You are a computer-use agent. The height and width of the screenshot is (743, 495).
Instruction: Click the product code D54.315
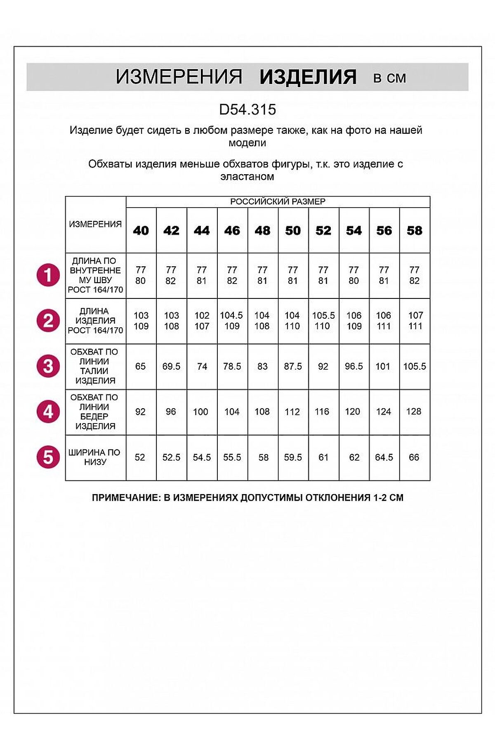(x=247, y=109)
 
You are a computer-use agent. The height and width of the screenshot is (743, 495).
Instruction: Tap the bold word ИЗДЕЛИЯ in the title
(x=308, y=77)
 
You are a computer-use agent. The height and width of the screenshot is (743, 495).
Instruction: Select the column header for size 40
(x=141, y=230)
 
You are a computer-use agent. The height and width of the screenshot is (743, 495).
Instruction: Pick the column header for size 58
(x=415, y=230)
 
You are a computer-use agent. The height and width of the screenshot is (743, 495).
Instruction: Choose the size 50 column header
(x=293, y=230)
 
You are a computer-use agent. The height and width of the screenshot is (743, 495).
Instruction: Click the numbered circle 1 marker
(x=48, y=275)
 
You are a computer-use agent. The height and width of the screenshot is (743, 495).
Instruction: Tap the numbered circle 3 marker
(x=48, y=366)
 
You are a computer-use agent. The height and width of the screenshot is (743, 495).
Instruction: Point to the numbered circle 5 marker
(x=48, y=457)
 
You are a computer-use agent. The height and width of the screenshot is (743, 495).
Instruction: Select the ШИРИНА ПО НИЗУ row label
(x=95, y=457)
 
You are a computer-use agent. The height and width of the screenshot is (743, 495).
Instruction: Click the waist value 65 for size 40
(x=141, y=366)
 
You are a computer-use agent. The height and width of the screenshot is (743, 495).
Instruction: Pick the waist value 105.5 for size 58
(x=415, y=366)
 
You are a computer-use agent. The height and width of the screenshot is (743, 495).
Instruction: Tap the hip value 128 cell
(x=414, y=412)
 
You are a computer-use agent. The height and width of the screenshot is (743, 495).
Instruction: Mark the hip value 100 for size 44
(x=201, y=412)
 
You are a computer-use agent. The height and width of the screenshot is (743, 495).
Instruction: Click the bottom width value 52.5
(x=171, y=457)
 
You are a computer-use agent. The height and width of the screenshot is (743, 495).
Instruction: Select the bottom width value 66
(x=414, y=457)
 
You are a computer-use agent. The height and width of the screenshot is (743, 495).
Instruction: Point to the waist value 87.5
(x=293, y=366)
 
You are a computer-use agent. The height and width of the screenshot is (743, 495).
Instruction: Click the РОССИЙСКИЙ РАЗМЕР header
(x=278, y=201)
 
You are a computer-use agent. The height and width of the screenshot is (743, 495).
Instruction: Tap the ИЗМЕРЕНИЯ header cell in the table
(x=95, y=224)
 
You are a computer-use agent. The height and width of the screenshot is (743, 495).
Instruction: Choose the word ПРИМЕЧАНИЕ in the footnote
(x=125, y=497)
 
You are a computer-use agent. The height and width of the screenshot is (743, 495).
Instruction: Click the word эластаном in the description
(x=247, y=177)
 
